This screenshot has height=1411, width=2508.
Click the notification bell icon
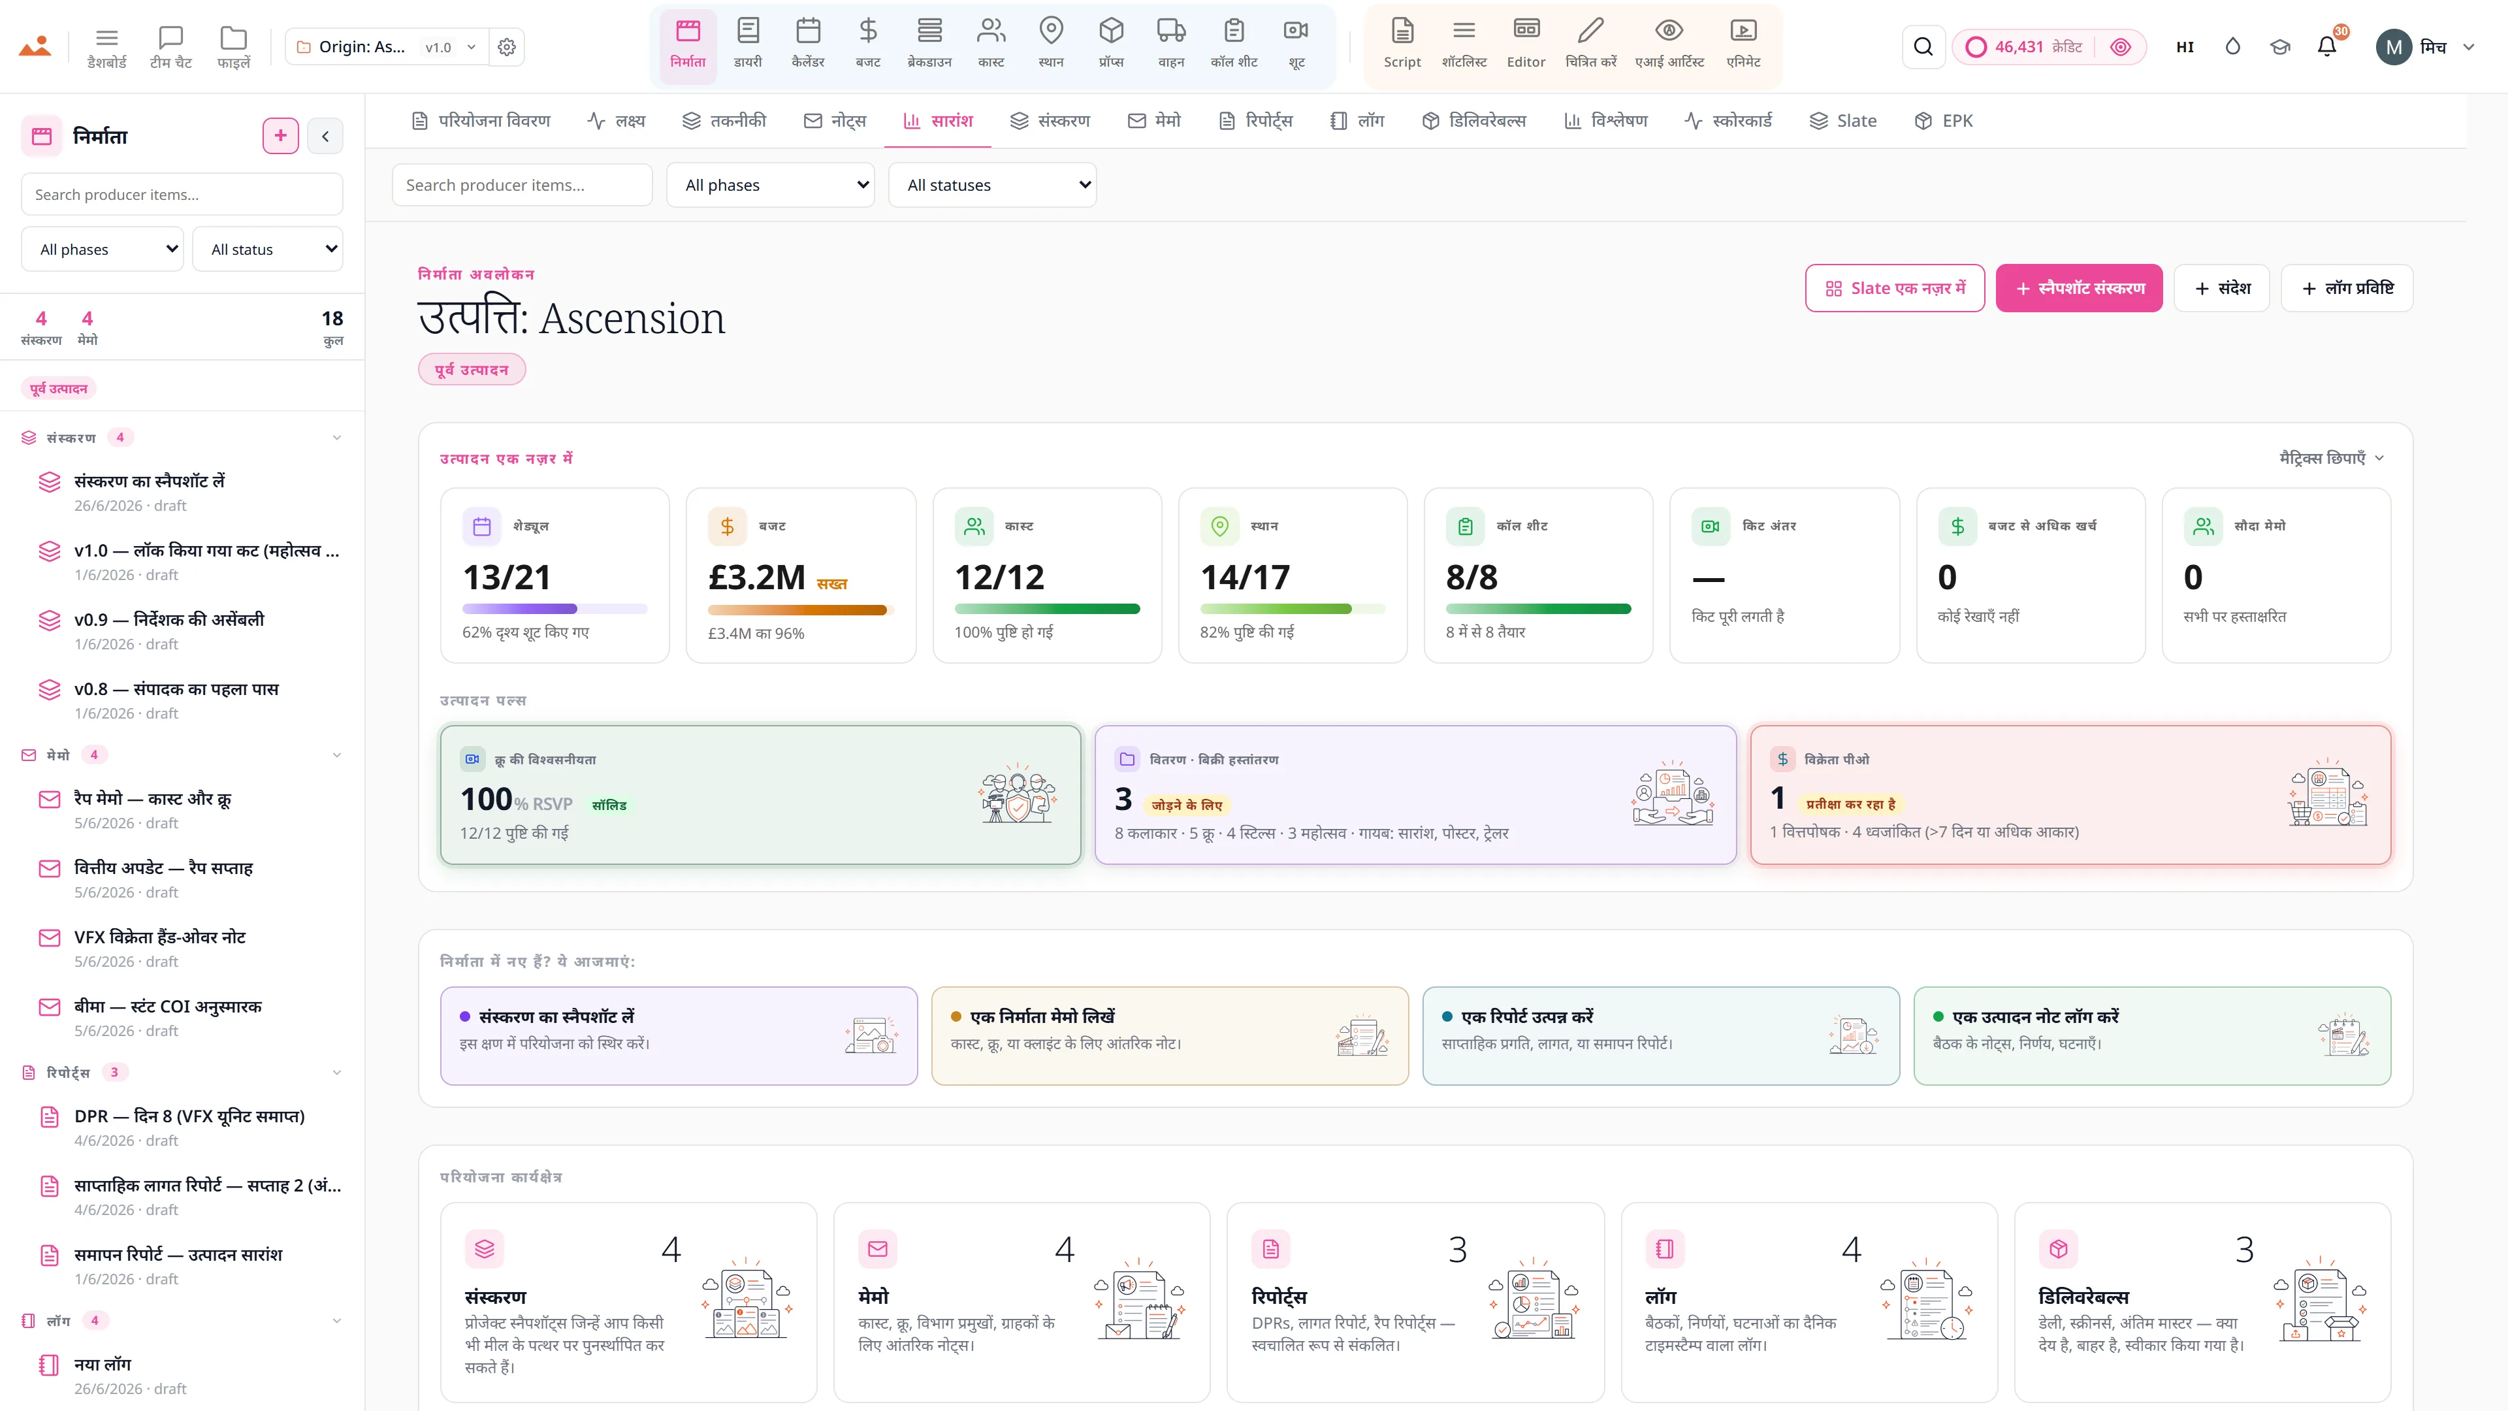[2327, 47]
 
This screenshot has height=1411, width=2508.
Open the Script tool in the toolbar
[1402, 44]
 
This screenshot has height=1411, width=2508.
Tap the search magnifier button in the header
[1923, 47]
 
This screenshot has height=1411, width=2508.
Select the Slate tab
[1843, 121]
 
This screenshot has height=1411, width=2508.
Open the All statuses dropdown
[992, 185]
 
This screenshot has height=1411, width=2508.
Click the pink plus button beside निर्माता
[280, 135]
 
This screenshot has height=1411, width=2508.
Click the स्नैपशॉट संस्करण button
[2079, 288]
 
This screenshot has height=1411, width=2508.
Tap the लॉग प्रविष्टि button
[2347, 288]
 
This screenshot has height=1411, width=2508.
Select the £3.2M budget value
[756, 577]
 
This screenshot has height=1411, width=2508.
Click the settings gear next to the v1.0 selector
[506, 47]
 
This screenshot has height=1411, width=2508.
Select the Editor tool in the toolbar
[1526, 44]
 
